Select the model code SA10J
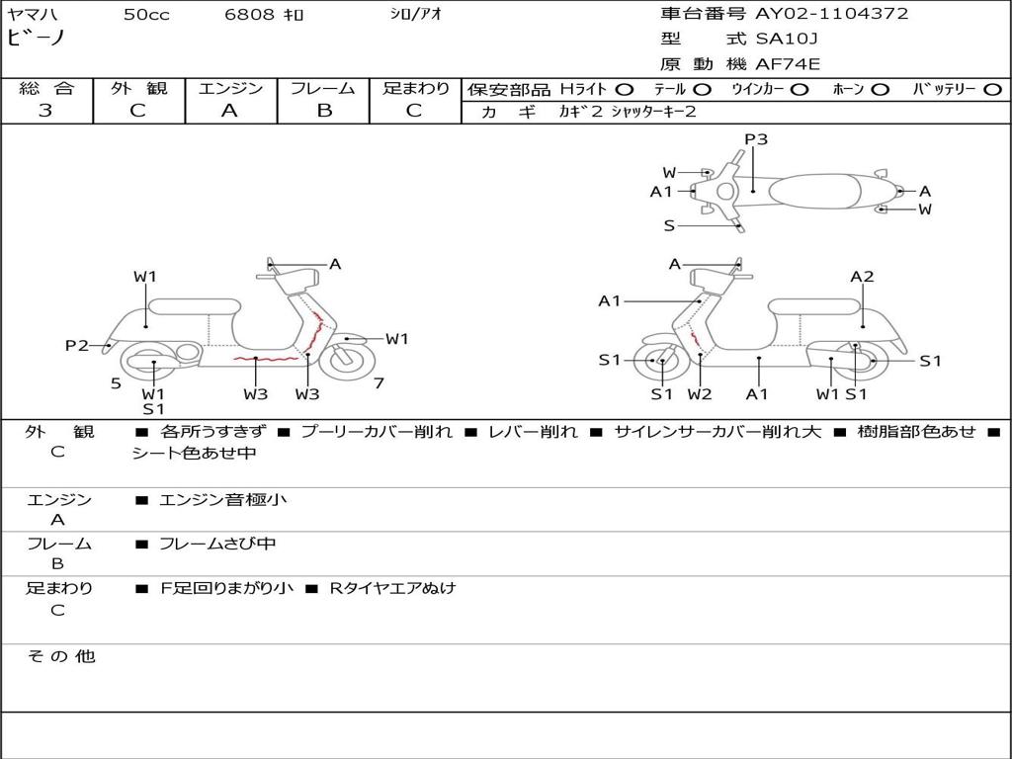pyautogui.click(x=788, y=40)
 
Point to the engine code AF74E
pyautogui.click(x=788, y=65)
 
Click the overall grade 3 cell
pyautogui.click(x=45, y=111)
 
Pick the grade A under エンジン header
pyautogui.click(x=229, y=111)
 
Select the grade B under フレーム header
pyautogui.click(x=323, y=111)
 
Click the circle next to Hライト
pyautogui.click(x=625, y=89)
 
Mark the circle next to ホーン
pyautogui.click(x=880, y=89)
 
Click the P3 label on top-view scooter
pyautogui.click(x=756, y=139)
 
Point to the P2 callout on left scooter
pyautogui.click(x=77, y=345)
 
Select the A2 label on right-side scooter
pyautogui.click(x=862, y=277)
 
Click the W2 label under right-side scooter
pyautogui.click(x=700, y=394)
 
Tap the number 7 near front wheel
pyautogui.click(x=379, y=383)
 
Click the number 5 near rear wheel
pyautogui.click(x=116, y=383)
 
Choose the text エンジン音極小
pyautogui.click(x=222, y=500)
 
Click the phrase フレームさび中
pyautogui.click(x=217, y=544)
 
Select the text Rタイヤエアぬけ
pyautogui.click(x=392, y=588)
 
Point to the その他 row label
pyautogui.click(x=60, y=656)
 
